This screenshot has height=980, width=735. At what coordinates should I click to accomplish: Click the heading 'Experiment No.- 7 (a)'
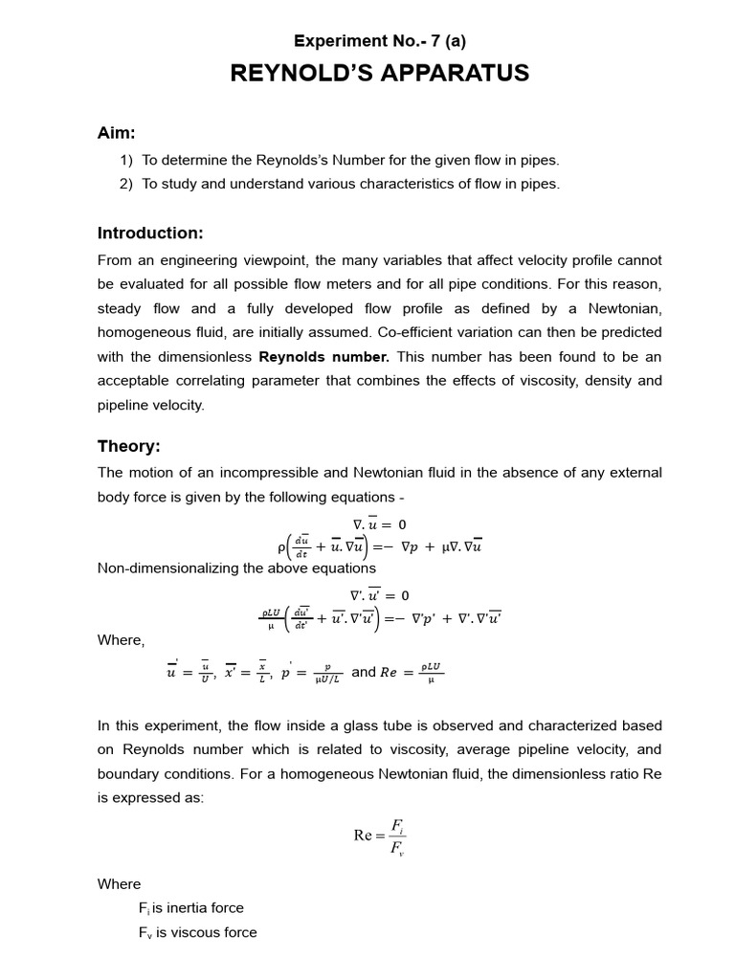coord(380,40)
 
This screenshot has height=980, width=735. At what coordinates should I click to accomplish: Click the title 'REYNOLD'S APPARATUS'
coord(380,74)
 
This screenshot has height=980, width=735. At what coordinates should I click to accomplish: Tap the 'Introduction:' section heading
coord(150,234)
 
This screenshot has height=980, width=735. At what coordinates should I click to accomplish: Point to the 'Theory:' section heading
coord(129,446)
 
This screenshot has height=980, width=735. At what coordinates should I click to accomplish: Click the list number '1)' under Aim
coord(126,161)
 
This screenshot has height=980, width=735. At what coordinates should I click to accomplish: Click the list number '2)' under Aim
coord(126,185)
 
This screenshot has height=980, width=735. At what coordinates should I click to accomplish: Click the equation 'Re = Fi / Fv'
coord(380,835)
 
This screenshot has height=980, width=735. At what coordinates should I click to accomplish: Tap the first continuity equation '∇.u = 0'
coord(379,523)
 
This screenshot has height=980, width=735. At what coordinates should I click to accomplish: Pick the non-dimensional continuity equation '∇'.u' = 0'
coord(379,594)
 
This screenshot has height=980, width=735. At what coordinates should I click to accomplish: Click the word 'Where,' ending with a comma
coord(122,640)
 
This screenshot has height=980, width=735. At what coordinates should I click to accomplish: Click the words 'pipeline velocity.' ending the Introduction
coord(151,405)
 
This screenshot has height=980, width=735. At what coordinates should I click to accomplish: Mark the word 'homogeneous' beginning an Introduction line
coord(143,332)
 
